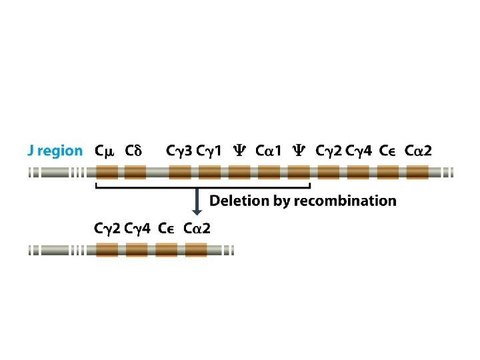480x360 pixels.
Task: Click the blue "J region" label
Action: pos(55,151)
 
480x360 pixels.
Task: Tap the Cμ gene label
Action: pos(105,151)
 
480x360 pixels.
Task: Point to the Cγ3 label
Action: pos(179,151)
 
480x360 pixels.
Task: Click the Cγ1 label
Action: pos(209,151)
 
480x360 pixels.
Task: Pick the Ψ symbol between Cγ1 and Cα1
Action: pos(239,151)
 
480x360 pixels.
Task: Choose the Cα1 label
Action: pos(269,151)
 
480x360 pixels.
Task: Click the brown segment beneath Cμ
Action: pos(107,173)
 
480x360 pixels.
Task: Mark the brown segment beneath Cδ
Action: pos(136,173)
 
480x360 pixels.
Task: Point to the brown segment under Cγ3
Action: pos(180,173)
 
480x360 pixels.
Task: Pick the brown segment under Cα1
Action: pos(269,173)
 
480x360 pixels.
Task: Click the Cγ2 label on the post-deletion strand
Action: pos(107,229)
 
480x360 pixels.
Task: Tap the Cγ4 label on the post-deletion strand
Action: pos(136,229)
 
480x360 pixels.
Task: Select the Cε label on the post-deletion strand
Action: pos(166,229)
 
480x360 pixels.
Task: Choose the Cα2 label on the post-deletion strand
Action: pos(197,229)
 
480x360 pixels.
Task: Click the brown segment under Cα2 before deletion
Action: pos(417,173)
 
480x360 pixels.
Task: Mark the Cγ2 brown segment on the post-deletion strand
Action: pos(107,250)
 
